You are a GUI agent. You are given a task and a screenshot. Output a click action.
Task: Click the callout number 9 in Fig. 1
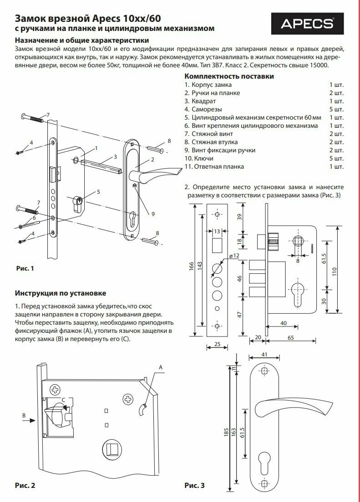(153, 214)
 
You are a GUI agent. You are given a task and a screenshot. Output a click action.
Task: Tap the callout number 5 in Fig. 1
(98, 192)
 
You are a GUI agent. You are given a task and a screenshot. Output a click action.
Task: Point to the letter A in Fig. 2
(160, 366)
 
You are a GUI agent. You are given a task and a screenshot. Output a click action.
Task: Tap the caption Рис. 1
(25, 269)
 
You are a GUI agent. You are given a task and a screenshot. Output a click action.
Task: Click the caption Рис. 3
(194, 485)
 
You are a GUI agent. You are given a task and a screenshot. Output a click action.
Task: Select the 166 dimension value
(192, 270)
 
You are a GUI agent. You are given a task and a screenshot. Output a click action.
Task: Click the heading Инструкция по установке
(61, 293)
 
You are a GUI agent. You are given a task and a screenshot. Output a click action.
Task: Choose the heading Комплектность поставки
(229, 76)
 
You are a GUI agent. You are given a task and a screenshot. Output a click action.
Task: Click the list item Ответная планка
(214, 166)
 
